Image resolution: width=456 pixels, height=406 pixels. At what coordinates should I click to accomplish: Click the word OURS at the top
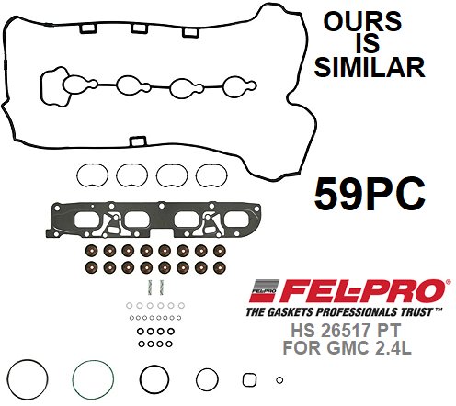tap(362, 21)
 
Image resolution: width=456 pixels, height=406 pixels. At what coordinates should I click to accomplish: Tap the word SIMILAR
tap(370, 67)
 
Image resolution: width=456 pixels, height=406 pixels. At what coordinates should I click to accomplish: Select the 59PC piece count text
tap(370, 194)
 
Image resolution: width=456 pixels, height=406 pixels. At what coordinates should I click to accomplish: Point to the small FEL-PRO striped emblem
tap(264, 290)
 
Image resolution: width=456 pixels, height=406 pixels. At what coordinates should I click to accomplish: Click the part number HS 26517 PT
tap(346, 331)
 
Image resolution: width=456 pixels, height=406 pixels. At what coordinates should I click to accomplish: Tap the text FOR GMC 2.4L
tap(347, 347)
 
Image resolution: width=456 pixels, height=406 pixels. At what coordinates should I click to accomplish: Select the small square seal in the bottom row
tap(249, 379)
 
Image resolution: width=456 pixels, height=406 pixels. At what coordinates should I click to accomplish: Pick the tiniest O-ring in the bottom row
tap(279, 380)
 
